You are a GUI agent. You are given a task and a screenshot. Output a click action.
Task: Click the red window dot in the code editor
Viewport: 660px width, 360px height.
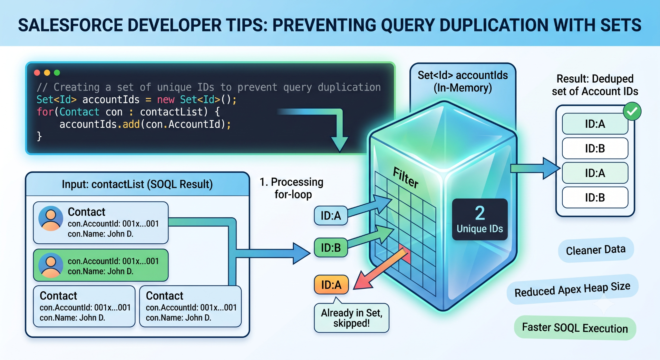[x=37, y=73]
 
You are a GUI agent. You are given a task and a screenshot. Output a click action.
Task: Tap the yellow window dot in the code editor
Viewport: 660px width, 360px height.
[x=47, y=73]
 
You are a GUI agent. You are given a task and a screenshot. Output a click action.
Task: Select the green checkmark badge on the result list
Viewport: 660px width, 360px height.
[x=632, y=112]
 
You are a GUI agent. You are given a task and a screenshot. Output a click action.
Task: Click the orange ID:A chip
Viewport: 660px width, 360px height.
[x=331, y=285]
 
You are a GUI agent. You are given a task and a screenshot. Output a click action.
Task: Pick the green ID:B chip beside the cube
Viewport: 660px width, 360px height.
[x=331, y=248]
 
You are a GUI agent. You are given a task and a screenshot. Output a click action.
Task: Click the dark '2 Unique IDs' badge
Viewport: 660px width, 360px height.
[x=480, y=219]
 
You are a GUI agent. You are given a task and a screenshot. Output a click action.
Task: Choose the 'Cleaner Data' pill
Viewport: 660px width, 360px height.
[x=596, y=250]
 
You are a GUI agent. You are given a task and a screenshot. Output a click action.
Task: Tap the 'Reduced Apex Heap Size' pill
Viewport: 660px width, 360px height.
[x=572, y=289]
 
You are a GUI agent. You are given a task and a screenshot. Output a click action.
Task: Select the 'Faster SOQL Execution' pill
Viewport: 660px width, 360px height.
[x=575, y=328]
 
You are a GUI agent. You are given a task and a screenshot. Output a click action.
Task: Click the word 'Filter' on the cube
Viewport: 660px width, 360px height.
[x=406, y=178]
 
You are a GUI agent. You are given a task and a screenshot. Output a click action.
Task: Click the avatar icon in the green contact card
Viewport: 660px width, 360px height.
[x=51, y=265]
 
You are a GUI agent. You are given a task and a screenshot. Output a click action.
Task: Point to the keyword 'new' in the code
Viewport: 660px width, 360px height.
[x=166, y=100]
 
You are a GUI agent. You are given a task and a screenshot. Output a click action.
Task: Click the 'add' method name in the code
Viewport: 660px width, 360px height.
[x=131, y=124]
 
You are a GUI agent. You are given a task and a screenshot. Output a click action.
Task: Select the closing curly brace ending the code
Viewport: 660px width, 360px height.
[x=39, y=136]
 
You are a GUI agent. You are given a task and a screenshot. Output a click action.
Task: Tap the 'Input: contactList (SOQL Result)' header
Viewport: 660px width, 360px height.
[x=137, y=184]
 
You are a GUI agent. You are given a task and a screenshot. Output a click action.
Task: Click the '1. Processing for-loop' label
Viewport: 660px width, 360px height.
[x=292, y=188]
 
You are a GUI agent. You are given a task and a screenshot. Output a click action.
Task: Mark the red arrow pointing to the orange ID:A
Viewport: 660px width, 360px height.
[x=380, y=268]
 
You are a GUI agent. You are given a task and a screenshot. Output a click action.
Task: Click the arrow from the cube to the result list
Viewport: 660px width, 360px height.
[x=535, y=168]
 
